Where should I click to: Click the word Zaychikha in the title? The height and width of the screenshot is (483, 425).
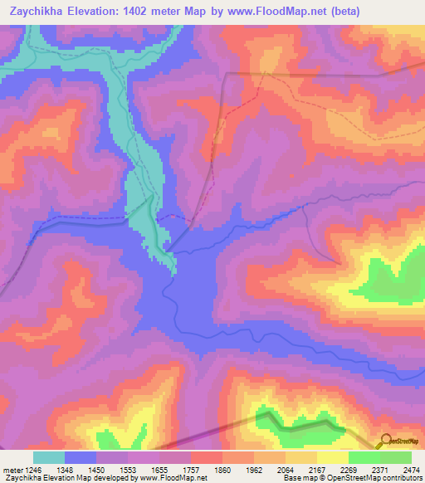coord(37,10)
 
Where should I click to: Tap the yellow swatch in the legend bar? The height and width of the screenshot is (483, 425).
coord(333,457)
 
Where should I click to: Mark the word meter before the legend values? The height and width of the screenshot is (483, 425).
coord(11,469)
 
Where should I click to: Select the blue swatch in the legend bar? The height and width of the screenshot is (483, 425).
coord(81,457)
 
